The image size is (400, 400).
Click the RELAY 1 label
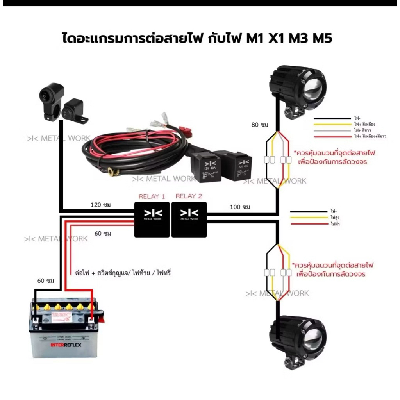pos(152,196)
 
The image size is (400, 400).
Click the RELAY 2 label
pos(189,196)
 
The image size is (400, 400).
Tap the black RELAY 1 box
pos(152,220)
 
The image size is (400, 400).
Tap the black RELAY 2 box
pos(189,220)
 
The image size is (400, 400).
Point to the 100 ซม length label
pos(240,207)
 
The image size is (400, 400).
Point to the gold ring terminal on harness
pos(112,171)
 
